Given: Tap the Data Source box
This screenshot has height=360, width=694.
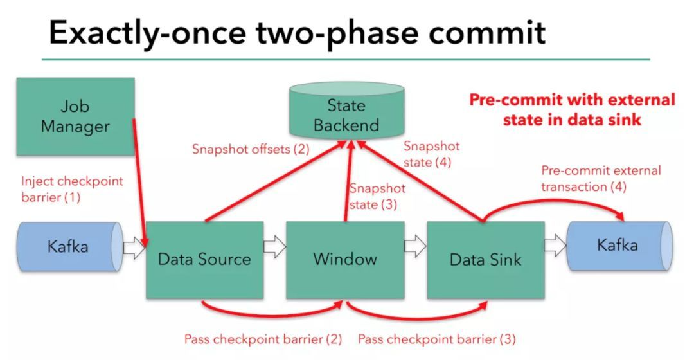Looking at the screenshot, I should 204,259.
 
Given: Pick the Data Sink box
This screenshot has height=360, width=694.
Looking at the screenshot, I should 485,259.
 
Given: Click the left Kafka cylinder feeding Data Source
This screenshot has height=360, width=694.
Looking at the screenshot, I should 67,246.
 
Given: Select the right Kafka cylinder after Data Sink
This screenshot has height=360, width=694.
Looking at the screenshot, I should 617,246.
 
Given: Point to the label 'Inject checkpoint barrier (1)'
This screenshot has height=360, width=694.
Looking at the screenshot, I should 71,190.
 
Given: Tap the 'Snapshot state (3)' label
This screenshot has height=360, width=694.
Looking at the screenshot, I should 377,197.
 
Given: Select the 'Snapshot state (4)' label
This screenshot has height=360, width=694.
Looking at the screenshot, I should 431,154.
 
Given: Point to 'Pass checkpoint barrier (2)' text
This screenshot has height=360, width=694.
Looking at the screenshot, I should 262,339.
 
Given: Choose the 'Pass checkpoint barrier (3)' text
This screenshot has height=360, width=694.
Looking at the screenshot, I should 436,339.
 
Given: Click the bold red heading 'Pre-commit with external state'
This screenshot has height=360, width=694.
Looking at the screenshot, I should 571,109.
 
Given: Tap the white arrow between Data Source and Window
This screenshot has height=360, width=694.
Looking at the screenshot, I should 274,246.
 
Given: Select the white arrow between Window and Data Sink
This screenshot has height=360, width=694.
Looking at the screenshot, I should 415,246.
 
